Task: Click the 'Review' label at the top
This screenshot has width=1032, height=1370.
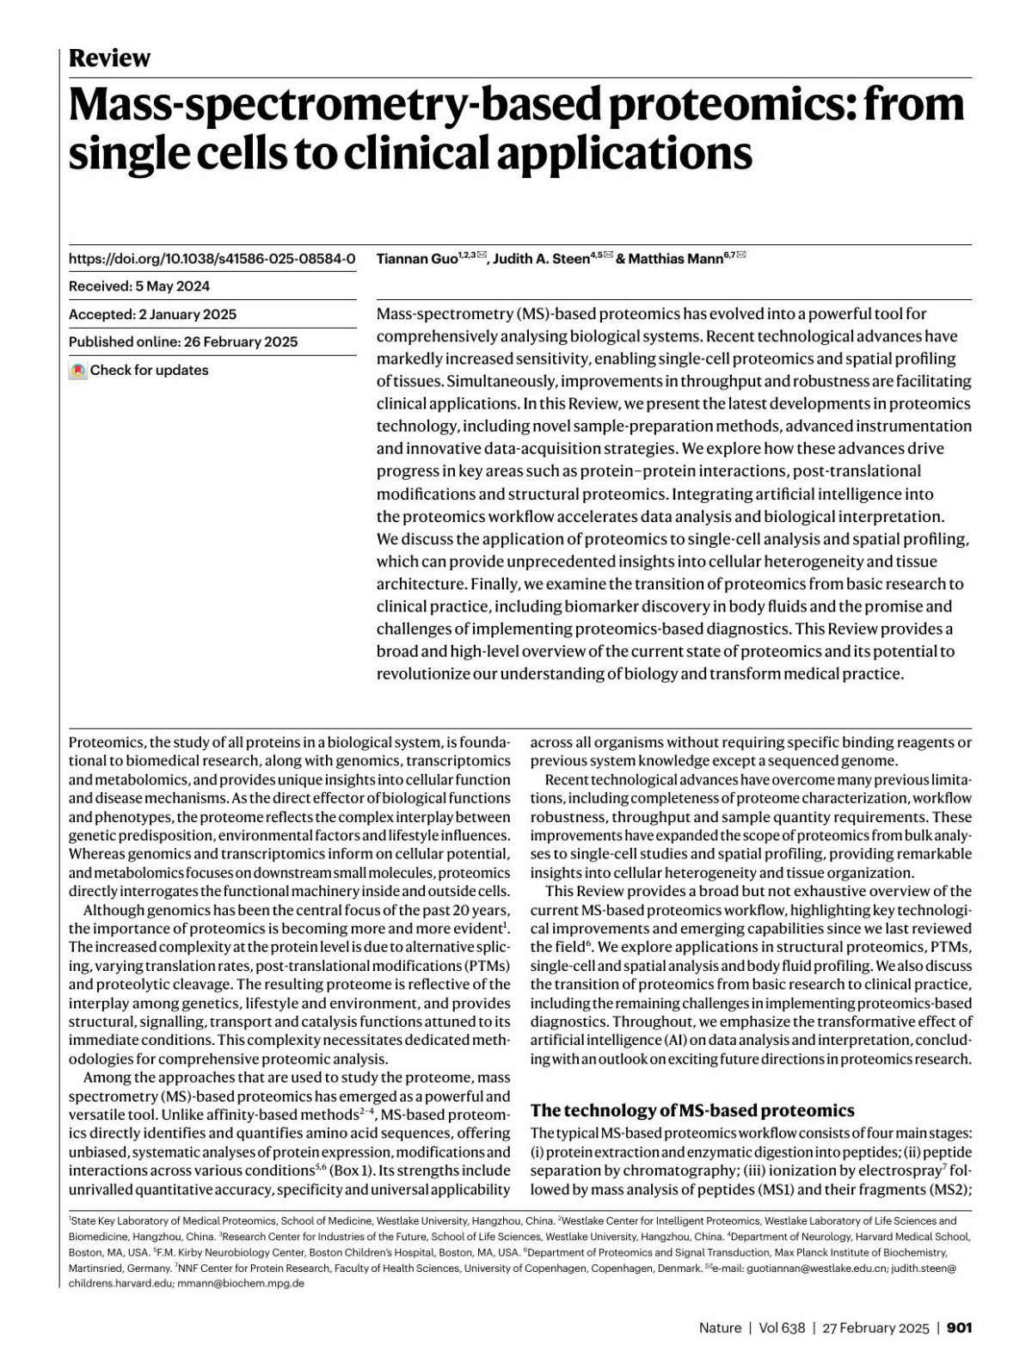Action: tap(109, 58)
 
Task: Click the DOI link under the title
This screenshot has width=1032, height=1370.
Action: tap(212, 259)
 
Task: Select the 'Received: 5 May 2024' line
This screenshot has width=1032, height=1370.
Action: tap(139, 286)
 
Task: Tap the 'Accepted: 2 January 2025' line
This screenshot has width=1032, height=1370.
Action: tap(152, 314)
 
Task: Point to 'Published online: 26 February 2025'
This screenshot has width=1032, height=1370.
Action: tap(183, 341)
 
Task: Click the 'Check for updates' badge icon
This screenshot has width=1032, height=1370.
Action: tap(78, 371)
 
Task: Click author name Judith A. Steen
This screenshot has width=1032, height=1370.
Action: tap(541, 259)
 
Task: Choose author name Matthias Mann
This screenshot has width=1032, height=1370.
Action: tap(676, 259)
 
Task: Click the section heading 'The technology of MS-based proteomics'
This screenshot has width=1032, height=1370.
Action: tap(692, 1110)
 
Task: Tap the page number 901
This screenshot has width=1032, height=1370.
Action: tap(959, 1328)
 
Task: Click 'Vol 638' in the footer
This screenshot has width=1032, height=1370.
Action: tap(782, 1328)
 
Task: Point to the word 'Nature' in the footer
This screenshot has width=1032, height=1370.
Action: tap(720, 1328)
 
